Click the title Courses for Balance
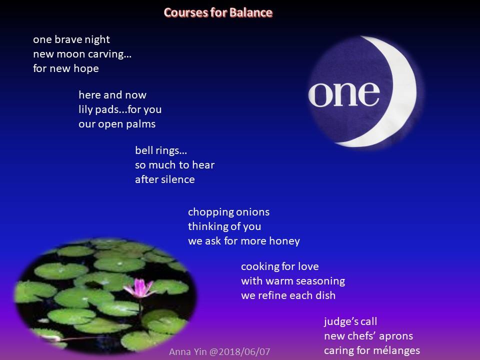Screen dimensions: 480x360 coord(218,12)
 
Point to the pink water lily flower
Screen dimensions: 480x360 coord(139,288)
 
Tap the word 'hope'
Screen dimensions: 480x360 coord(86,68)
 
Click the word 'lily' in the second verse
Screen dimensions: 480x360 coord(85,110)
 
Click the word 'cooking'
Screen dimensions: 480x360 coord(256,266)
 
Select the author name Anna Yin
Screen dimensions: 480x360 coord(188,351)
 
